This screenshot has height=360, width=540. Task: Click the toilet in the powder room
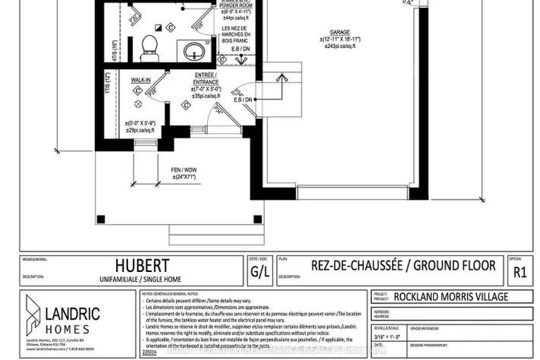tap(148, 46)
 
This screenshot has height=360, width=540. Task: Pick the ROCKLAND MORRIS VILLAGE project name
tap(451, 297)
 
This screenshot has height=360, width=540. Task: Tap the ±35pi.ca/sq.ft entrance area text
tap(206, 97)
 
